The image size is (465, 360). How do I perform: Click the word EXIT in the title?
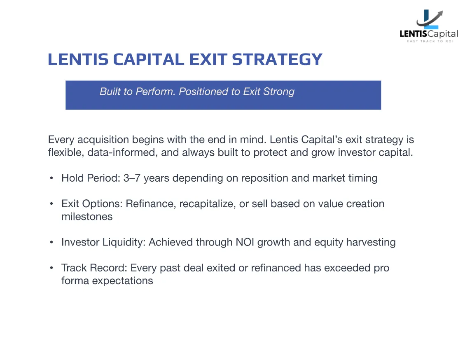[208, 59]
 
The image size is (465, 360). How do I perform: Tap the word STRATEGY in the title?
[277, 59]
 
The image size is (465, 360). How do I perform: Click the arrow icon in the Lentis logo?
[430, 19]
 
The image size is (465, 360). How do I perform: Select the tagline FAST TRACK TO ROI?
[430, 41]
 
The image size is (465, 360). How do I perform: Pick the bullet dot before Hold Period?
[51, 178]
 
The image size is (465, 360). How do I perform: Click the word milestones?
[87, 217]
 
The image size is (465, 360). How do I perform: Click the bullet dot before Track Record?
[51, 268]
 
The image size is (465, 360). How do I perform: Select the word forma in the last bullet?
[75, 281]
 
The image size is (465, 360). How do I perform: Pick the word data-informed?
[122, 153]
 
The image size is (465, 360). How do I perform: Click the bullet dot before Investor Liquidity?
[51, 242]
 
